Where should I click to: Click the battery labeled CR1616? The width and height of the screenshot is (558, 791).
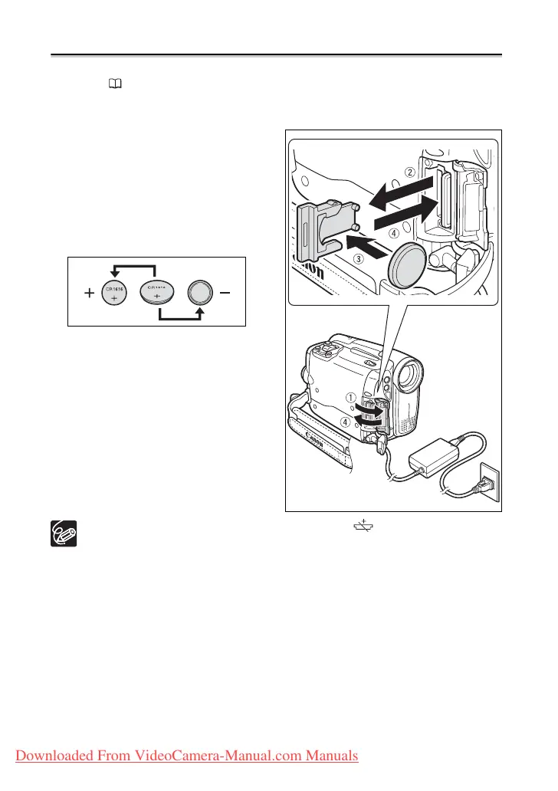[x=115, y=294]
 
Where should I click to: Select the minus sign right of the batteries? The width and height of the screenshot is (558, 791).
[x=225, y=294]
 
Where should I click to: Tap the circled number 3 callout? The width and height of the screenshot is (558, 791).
[x=357, y=261]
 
